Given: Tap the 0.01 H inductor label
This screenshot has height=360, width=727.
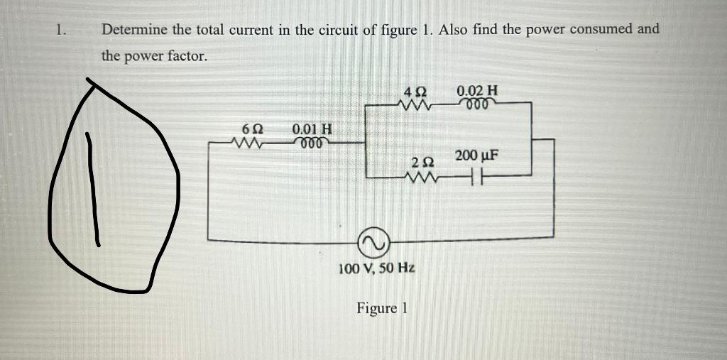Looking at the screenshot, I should (312, 130).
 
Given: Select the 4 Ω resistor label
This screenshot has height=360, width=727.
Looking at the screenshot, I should (414, 92).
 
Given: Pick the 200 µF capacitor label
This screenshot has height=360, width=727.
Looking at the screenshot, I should (477, 156).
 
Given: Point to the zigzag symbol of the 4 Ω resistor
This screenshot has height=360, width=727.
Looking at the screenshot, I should (415, 104).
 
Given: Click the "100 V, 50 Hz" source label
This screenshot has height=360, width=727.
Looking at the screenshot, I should (377, 268).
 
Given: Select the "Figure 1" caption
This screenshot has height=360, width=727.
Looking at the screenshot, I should (383, 308).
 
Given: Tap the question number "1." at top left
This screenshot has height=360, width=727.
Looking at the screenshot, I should (62, 30).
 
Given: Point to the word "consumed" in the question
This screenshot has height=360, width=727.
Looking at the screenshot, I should (599, 29).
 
